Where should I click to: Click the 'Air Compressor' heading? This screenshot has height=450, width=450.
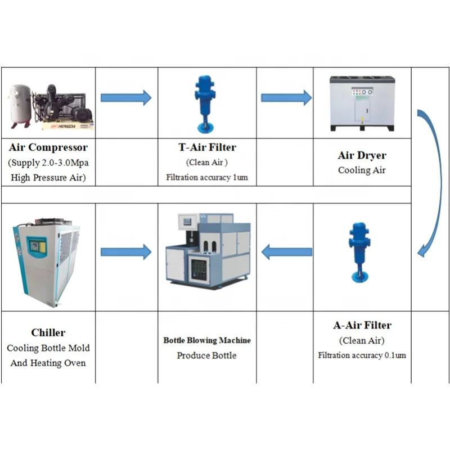pyautogui.click(x=48, y=148)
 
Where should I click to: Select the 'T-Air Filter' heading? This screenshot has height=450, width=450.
pyautogui.click(x=207, y=147)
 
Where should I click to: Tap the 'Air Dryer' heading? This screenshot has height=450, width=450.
pyautogui.click(x=362, y=155)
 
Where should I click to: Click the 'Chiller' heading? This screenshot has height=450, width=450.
pyautogui.click(x=48, y=332)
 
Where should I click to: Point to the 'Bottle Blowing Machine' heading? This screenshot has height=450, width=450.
pyautogui.click(x=207, y=340)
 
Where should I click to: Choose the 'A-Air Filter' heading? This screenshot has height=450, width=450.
pyautogui.click(x=362, y=325)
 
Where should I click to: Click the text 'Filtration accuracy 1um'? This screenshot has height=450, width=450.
pyautogui.click(x=207, y=177)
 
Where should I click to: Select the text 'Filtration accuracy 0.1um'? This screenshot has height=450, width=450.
pyautogui.click(x=362, y=355)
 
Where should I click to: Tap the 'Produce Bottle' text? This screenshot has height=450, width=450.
pyautogui.click(x=207, y=355)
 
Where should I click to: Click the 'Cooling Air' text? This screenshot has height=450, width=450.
pyautogui.click(x=362, y=170)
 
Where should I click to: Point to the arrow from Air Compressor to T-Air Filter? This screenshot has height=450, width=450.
pyautogui.click(x=126, y=97)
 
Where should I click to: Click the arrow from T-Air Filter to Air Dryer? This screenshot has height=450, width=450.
pyautogui.click(x=286, y=97)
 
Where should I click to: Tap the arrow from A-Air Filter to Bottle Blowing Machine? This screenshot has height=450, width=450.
pyautogui.click(x=286, y=252)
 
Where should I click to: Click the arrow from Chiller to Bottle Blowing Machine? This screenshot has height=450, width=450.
pyautogui.click(x=126, y=252)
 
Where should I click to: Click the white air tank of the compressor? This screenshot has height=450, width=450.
pyautogui.click(x=21, y=104)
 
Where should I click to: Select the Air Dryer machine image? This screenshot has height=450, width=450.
pyautogui.click(x=362, y=103)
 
